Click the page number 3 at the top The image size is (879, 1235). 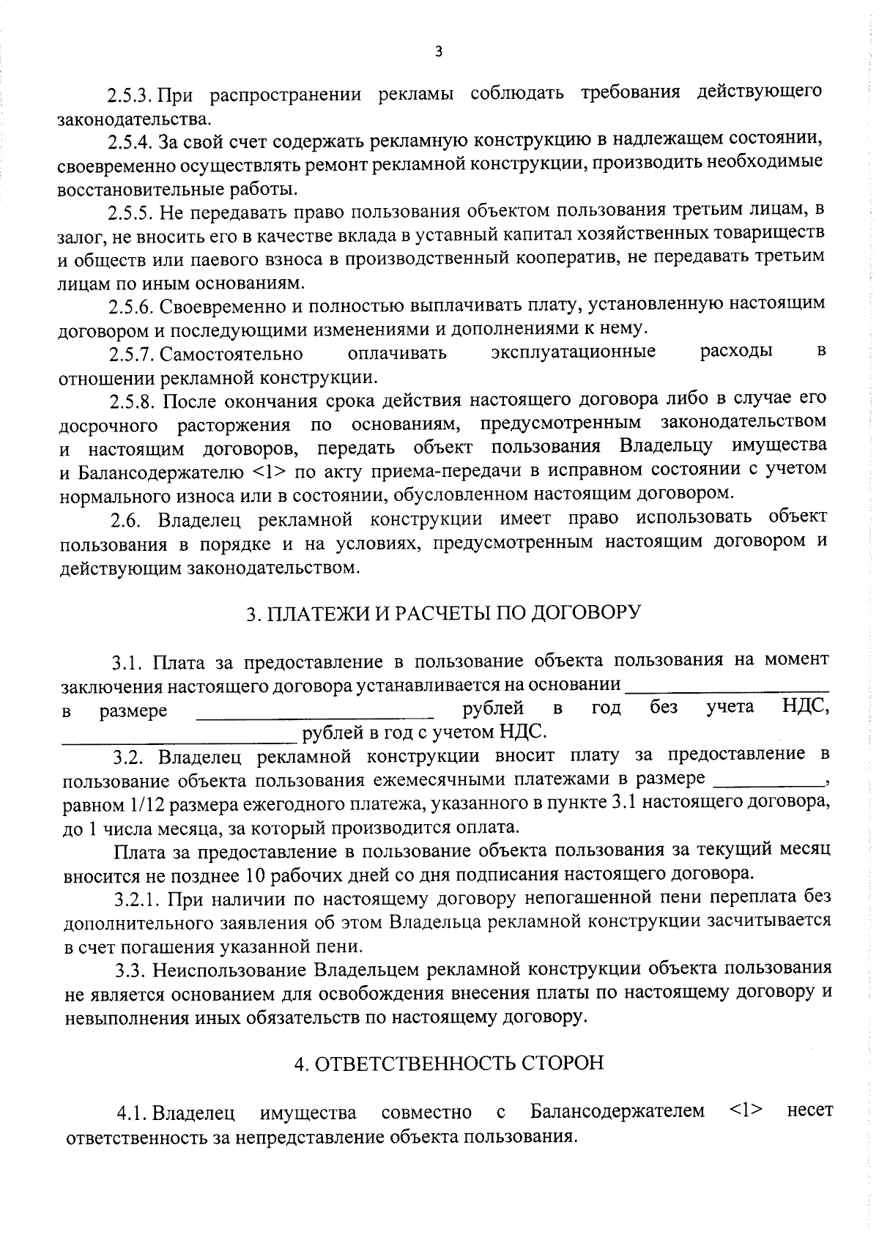[x=438, y=51]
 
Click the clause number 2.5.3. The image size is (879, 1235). [x=130, y=96]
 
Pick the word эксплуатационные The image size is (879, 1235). [x=573, y=352]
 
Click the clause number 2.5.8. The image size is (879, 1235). [x=131, y=401]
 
